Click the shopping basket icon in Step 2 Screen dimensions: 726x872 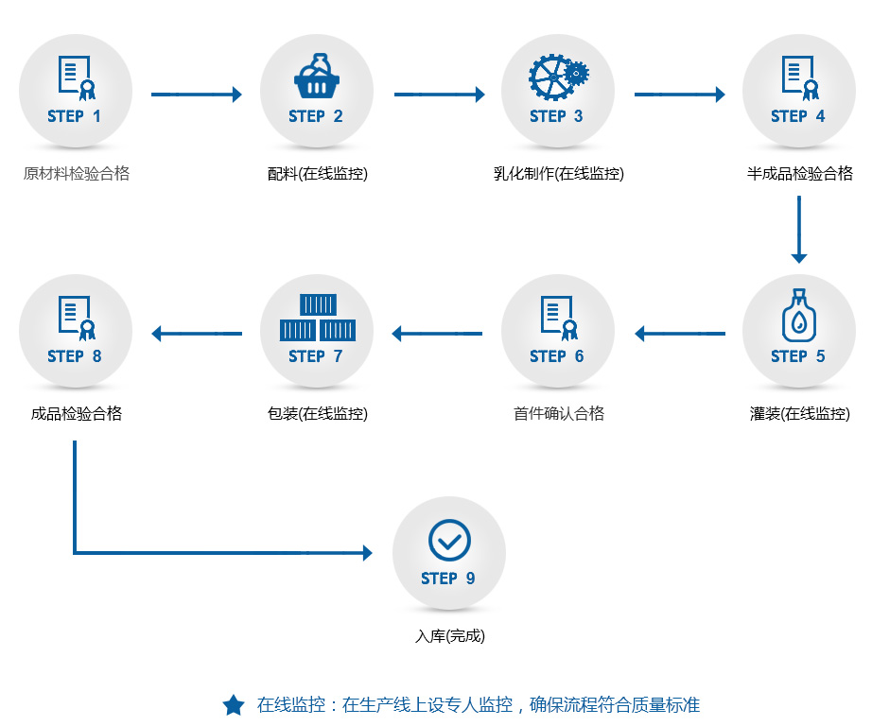pyautogui.click(x=317, y=77)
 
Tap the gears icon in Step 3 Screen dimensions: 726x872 pyautogui.click(x=557, y=76)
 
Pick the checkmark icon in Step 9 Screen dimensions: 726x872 pyautogui.click(x=449, y=540)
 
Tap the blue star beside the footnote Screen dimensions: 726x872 pyautogui.click(x=233, y=705)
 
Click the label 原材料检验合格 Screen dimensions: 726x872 pyautogui.click(x=77, y=174)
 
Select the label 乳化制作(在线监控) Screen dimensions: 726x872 pyautogui.click(x=558, y=174)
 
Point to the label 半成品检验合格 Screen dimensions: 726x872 pyautogui.click(x=799, y=174)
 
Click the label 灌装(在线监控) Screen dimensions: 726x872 pyautogui.click(x=799, y=414)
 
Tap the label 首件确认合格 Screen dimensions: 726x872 pyautogui.click(x=558, y=414)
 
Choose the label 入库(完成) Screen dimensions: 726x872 pyautogui.click(x=449, y=636)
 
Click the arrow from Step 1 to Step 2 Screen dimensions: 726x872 pyautogui.click(x=197, y=95)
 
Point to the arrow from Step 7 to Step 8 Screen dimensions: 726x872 pyautogui.click(x=197, y=334)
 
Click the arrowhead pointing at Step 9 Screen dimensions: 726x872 pyautogui.click(x=367, y=553)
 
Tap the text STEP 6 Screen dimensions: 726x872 pyautogui.click(x=557, y=356)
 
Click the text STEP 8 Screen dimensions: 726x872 pyautogui.click(x=75, y=356)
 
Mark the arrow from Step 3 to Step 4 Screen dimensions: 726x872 pyautogui.click(x=679, y=95)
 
